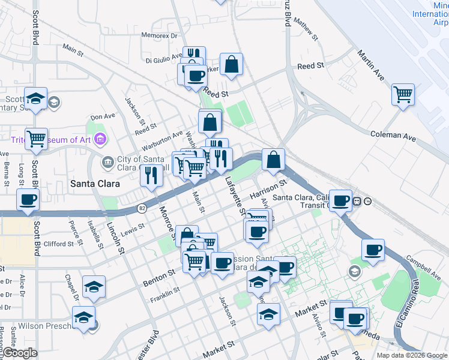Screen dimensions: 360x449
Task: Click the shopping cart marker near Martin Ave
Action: coord(403,94)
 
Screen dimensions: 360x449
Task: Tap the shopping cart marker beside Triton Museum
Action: coord(37,139)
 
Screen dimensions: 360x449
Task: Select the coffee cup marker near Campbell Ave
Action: coord(373,250)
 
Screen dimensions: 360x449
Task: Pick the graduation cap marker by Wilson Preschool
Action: coord(83,317)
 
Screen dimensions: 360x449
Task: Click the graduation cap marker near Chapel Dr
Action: coord(94,286)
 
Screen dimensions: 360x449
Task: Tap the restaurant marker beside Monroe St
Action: coord(151,175)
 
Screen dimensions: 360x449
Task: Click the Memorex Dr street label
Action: coord(160,35)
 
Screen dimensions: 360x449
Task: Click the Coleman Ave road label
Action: coord(393,136)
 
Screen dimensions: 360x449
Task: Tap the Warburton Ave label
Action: coord(161,141)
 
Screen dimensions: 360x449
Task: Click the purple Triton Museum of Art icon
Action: coord(100,140)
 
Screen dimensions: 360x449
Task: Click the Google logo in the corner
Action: coord(20,353)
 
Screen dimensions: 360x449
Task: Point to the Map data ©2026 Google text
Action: coord(412,355)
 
